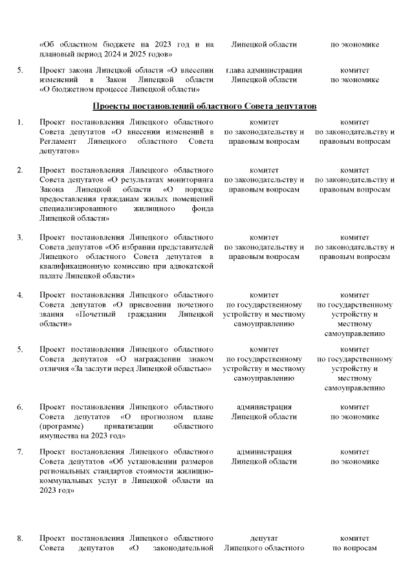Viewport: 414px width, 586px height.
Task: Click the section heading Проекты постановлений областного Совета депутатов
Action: [204, 106]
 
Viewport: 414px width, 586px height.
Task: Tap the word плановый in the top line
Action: [52, 54]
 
